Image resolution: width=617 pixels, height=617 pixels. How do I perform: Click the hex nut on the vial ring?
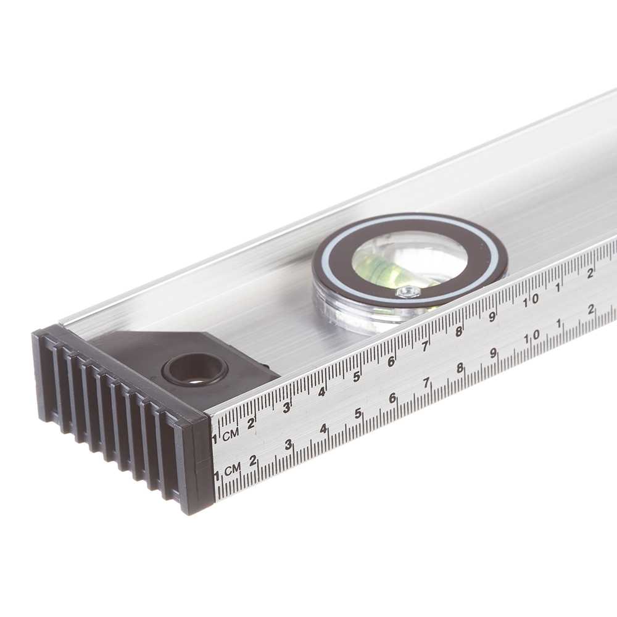408,292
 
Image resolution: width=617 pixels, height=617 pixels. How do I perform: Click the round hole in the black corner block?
195,369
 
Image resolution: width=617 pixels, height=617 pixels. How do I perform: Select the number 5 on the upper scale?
357,376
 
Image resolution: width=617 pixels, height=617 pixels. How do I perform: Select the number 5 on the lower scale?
358,413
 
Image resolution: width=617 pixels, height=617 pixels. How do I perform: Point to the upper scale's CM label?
231,434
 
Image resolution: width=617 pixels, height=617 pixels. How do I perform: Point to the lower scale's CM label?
232,469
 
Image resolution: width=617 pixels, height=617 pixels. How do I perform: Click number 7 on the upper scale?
424,346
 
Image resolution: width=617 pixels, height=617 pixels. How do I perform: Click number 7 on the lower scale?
426,383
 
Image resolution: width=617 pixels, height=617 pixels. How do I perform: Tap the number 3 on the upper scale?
287,407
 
